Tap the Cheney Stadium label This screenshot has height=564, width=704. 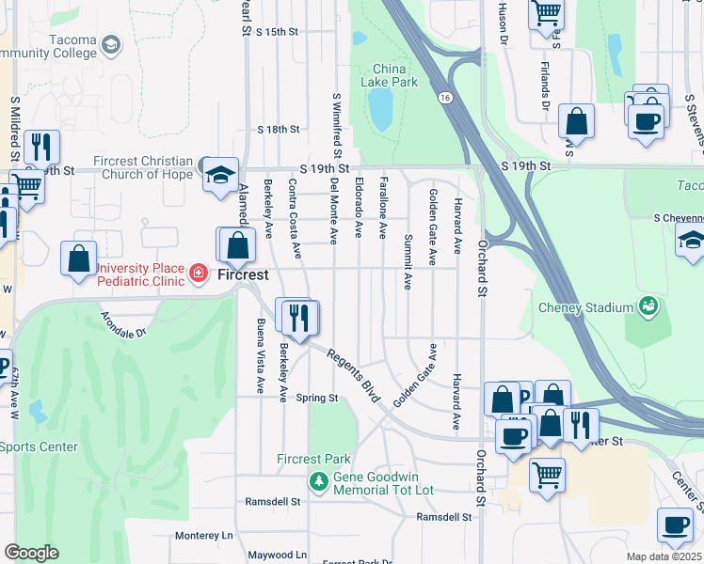click(x=584, y=307)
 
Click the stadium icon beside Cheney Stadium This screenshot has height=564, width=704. click(x=648, y=305)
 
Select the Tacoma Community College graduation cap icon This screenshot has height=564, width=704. click(x=111, y=45)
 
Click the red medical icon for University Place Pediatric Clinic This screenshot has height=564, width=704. click(x=198, y=274)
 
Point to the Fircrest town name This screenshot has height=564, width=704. click(x=244, y=275)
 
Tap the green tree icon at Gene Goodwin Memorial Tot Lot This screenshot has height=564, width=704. click(x=319, y=482)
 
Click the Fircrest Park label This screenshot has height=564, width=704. click(x=312, y=460)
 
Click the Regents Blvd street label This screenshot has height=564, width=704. click(x=353, y=373)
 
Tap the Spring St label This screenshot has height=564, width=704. click(x=317, y=398)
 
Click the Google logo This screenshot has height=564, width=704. click(x=31, y=553)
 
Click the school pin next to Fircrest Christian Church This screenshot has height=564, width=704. click(x=221, y=176)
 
